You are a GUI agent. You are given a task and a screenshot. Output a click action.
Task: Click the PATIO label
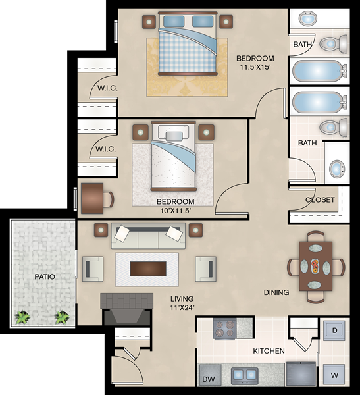45,276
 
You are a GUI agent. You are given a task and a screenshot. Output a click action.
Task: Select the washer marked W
334,375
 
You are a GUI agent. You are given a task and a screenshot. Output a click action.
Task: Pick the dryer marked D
334,330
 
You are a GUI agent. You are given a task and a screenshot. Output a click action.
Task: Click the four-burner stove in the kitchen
224,329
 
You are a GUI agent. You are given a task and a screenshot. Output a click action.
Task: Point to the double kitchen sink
245,375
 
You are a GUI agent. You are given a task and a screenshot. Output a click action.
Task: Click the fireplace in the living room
127,309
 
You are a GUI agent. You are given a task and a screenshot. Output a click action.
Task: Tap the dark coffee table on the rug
148,269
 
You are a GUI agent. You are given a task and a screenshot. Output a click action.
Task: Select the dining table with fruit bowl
316,266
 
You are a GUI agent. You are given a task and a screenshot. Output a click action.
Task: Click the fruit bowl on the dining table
315,266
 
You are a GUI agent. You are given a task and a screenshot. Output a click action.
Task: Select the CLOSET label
320,199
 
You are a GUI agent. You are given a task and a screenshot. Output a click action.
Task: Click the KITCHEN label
269,351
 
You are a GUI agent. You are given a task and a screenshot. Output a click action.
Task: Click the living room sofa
148,236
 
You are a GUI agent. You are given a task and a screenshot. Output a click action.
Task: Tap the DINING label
276,292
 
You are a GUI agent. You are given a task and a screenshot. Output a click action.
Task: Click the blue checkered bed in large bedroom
188,43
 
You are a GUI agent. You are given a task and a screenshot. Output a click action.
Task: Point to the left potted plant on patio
22,317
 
